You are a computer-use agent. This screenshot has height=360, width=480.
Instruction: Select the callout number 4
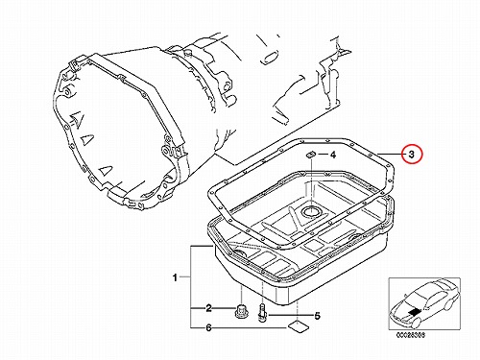(333, 155)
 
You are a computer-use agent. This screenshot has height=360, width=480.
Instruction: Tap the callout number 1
(175, 277)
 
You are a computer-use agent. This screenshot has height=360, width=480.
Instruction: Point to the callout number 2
(208, 308)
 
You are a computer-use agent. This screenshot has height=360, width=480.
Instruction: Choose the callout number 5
(317, 316)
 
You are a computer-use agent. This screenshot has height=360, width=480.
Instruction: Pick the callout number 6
(208, 327)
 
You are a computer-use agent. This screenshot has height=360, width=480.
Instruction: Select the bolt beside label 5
(261, 313)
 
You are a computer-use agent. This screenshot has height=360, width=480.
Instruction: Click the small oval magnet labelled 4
(311, 155)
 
